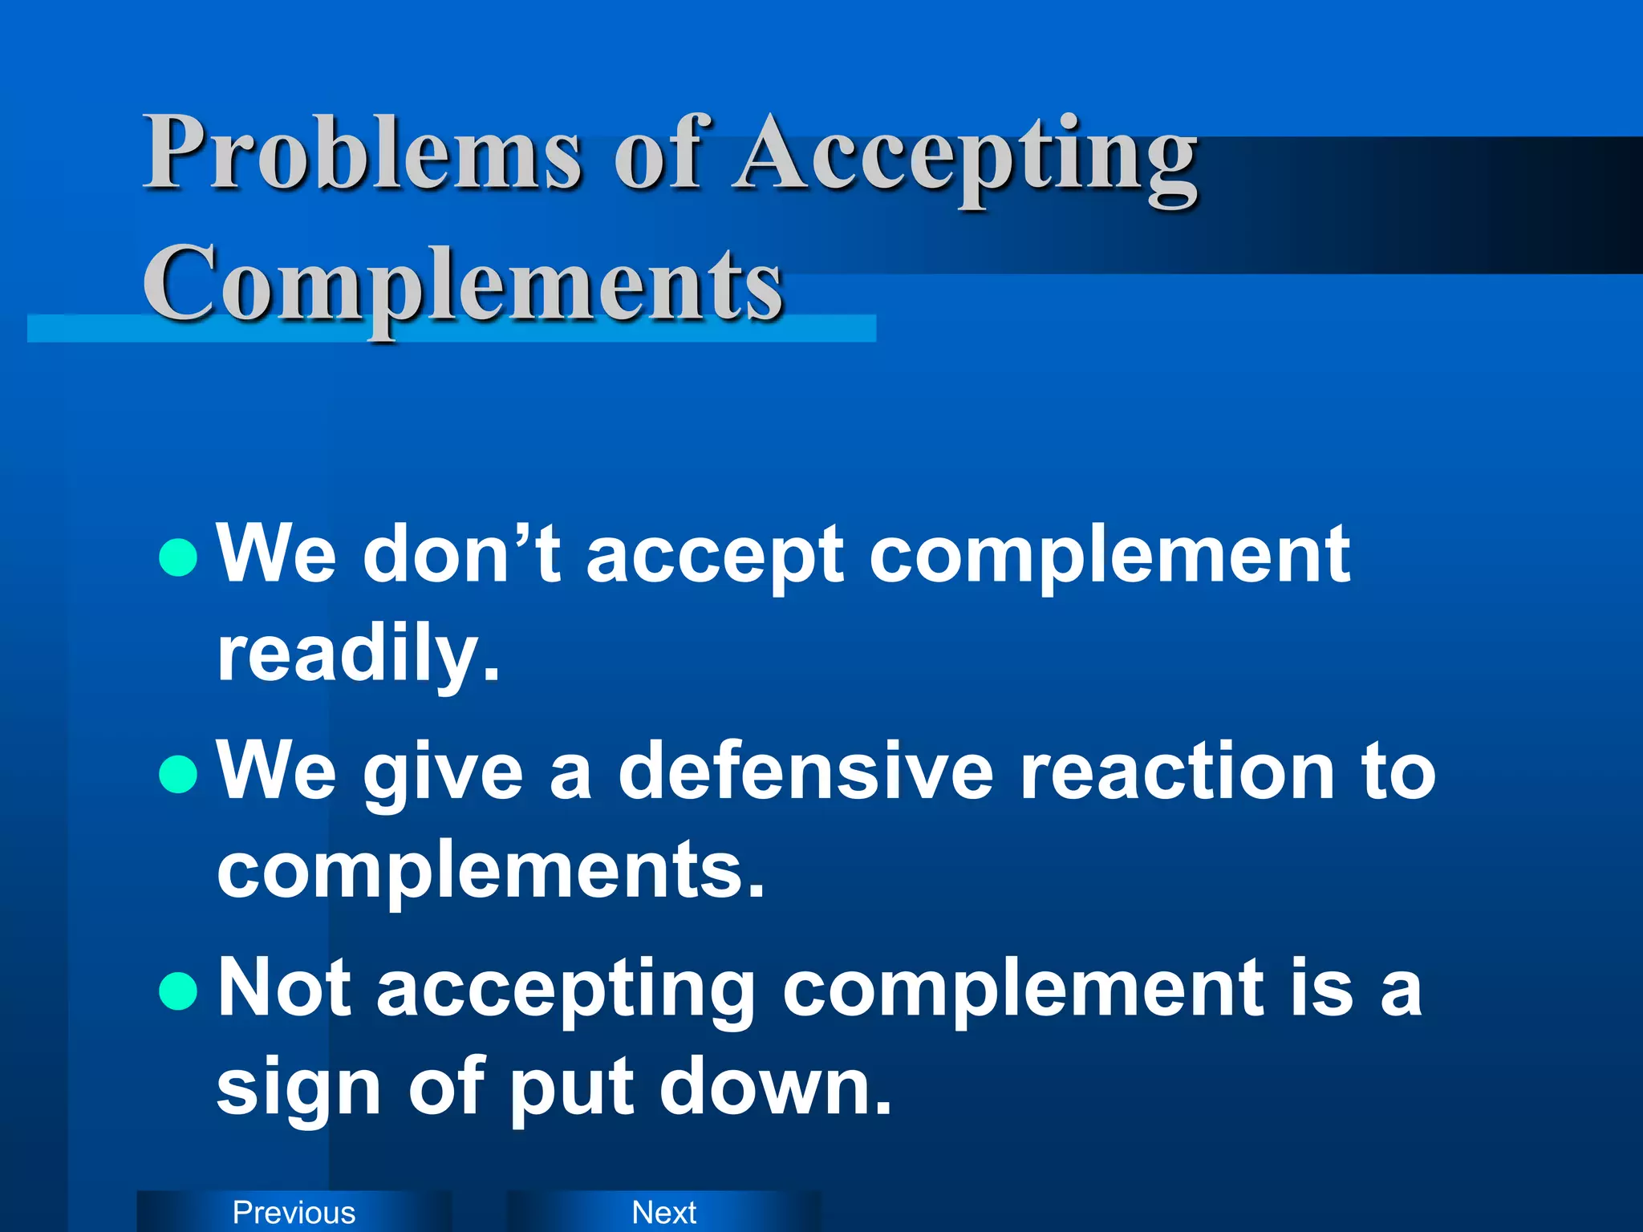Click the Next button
664,1212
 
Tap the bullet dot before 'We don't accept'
178,557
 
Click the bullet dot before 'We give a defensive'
178,774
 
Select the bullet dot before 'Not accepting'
178,991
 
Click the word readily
358,654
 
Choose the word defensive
805,772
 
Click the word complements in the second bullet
490,870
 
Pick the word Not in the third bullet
285,988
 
